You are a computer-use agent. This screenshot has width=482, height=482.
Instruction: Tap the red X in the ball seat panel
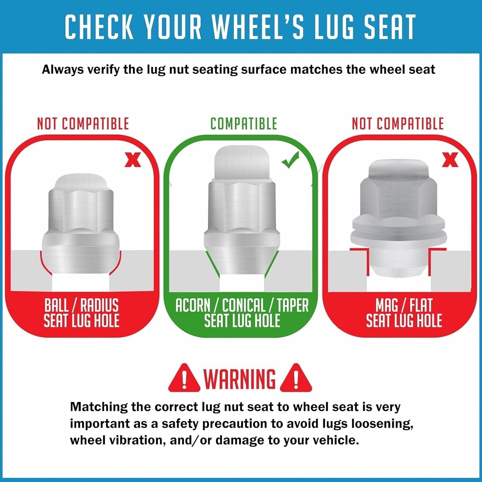133,160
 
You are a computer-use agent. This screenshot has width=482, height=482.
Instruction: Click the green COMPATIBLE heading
244,124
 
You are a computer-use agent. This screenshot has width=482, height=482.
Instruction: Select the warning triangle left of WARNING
184,378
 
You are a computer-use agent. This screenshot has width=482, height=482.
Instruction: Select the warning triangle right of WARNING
296,378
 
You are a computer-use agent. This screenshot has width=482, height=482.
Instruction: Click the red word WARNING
240,379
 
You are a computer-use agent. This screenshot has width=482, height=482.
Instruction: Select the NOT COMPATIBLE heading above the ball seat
83,124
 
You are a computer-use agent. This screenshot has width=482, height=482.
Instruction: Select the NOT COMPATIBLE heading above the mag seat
397,124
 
